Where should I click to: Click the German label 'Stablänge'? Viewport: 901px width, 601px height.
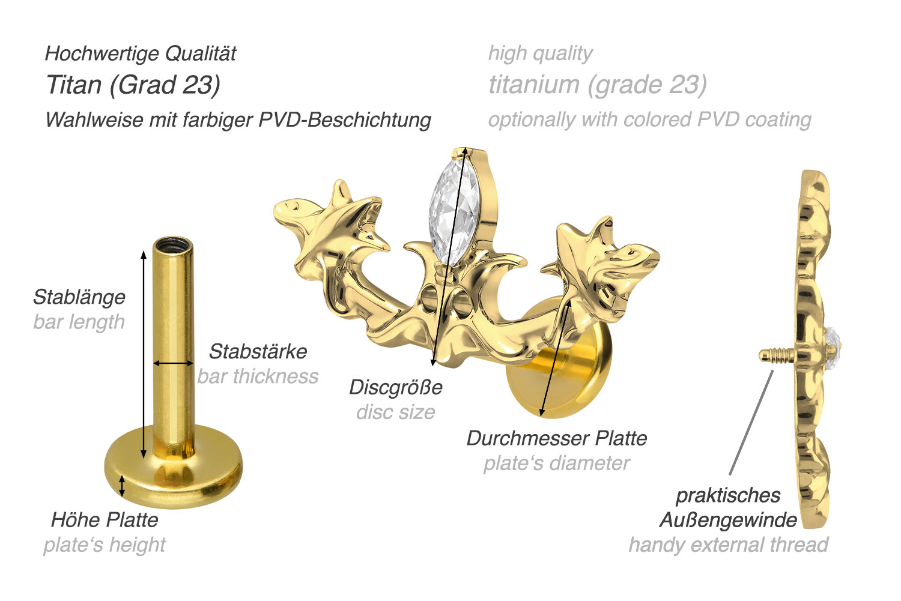(79, 297)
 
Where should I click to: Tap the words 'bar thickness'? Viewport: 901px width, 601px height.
(258, 376)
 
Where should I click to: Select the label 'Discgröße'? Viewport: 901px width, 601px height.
(396, 387)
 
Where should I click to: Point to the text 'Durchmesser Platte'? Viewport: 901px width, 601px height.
(557, 438)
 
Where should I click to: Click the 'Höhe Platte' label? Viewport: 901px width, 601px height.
(105, 520)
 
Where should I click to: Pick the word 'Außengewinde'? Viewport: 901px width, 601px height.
(728, 520)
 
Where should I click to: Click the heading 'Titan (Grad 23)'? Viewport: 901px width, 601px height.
(133, 85)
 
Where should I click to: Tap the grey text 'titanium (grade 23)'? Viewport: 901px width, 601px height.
(598, 85)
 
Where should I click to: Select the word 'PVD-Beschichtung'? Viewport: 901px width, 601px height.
(345, 120)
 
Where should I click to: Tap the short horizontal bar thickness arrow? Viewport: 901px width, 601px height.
(174, 363)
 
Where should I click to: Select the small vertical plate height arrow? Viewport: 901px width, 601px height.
(122, 486)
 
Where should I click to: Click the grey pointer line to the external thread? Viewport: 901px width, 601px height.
(751, 423)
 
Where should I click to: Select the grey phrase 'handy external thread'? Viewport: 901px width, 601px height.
(728, 545)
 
